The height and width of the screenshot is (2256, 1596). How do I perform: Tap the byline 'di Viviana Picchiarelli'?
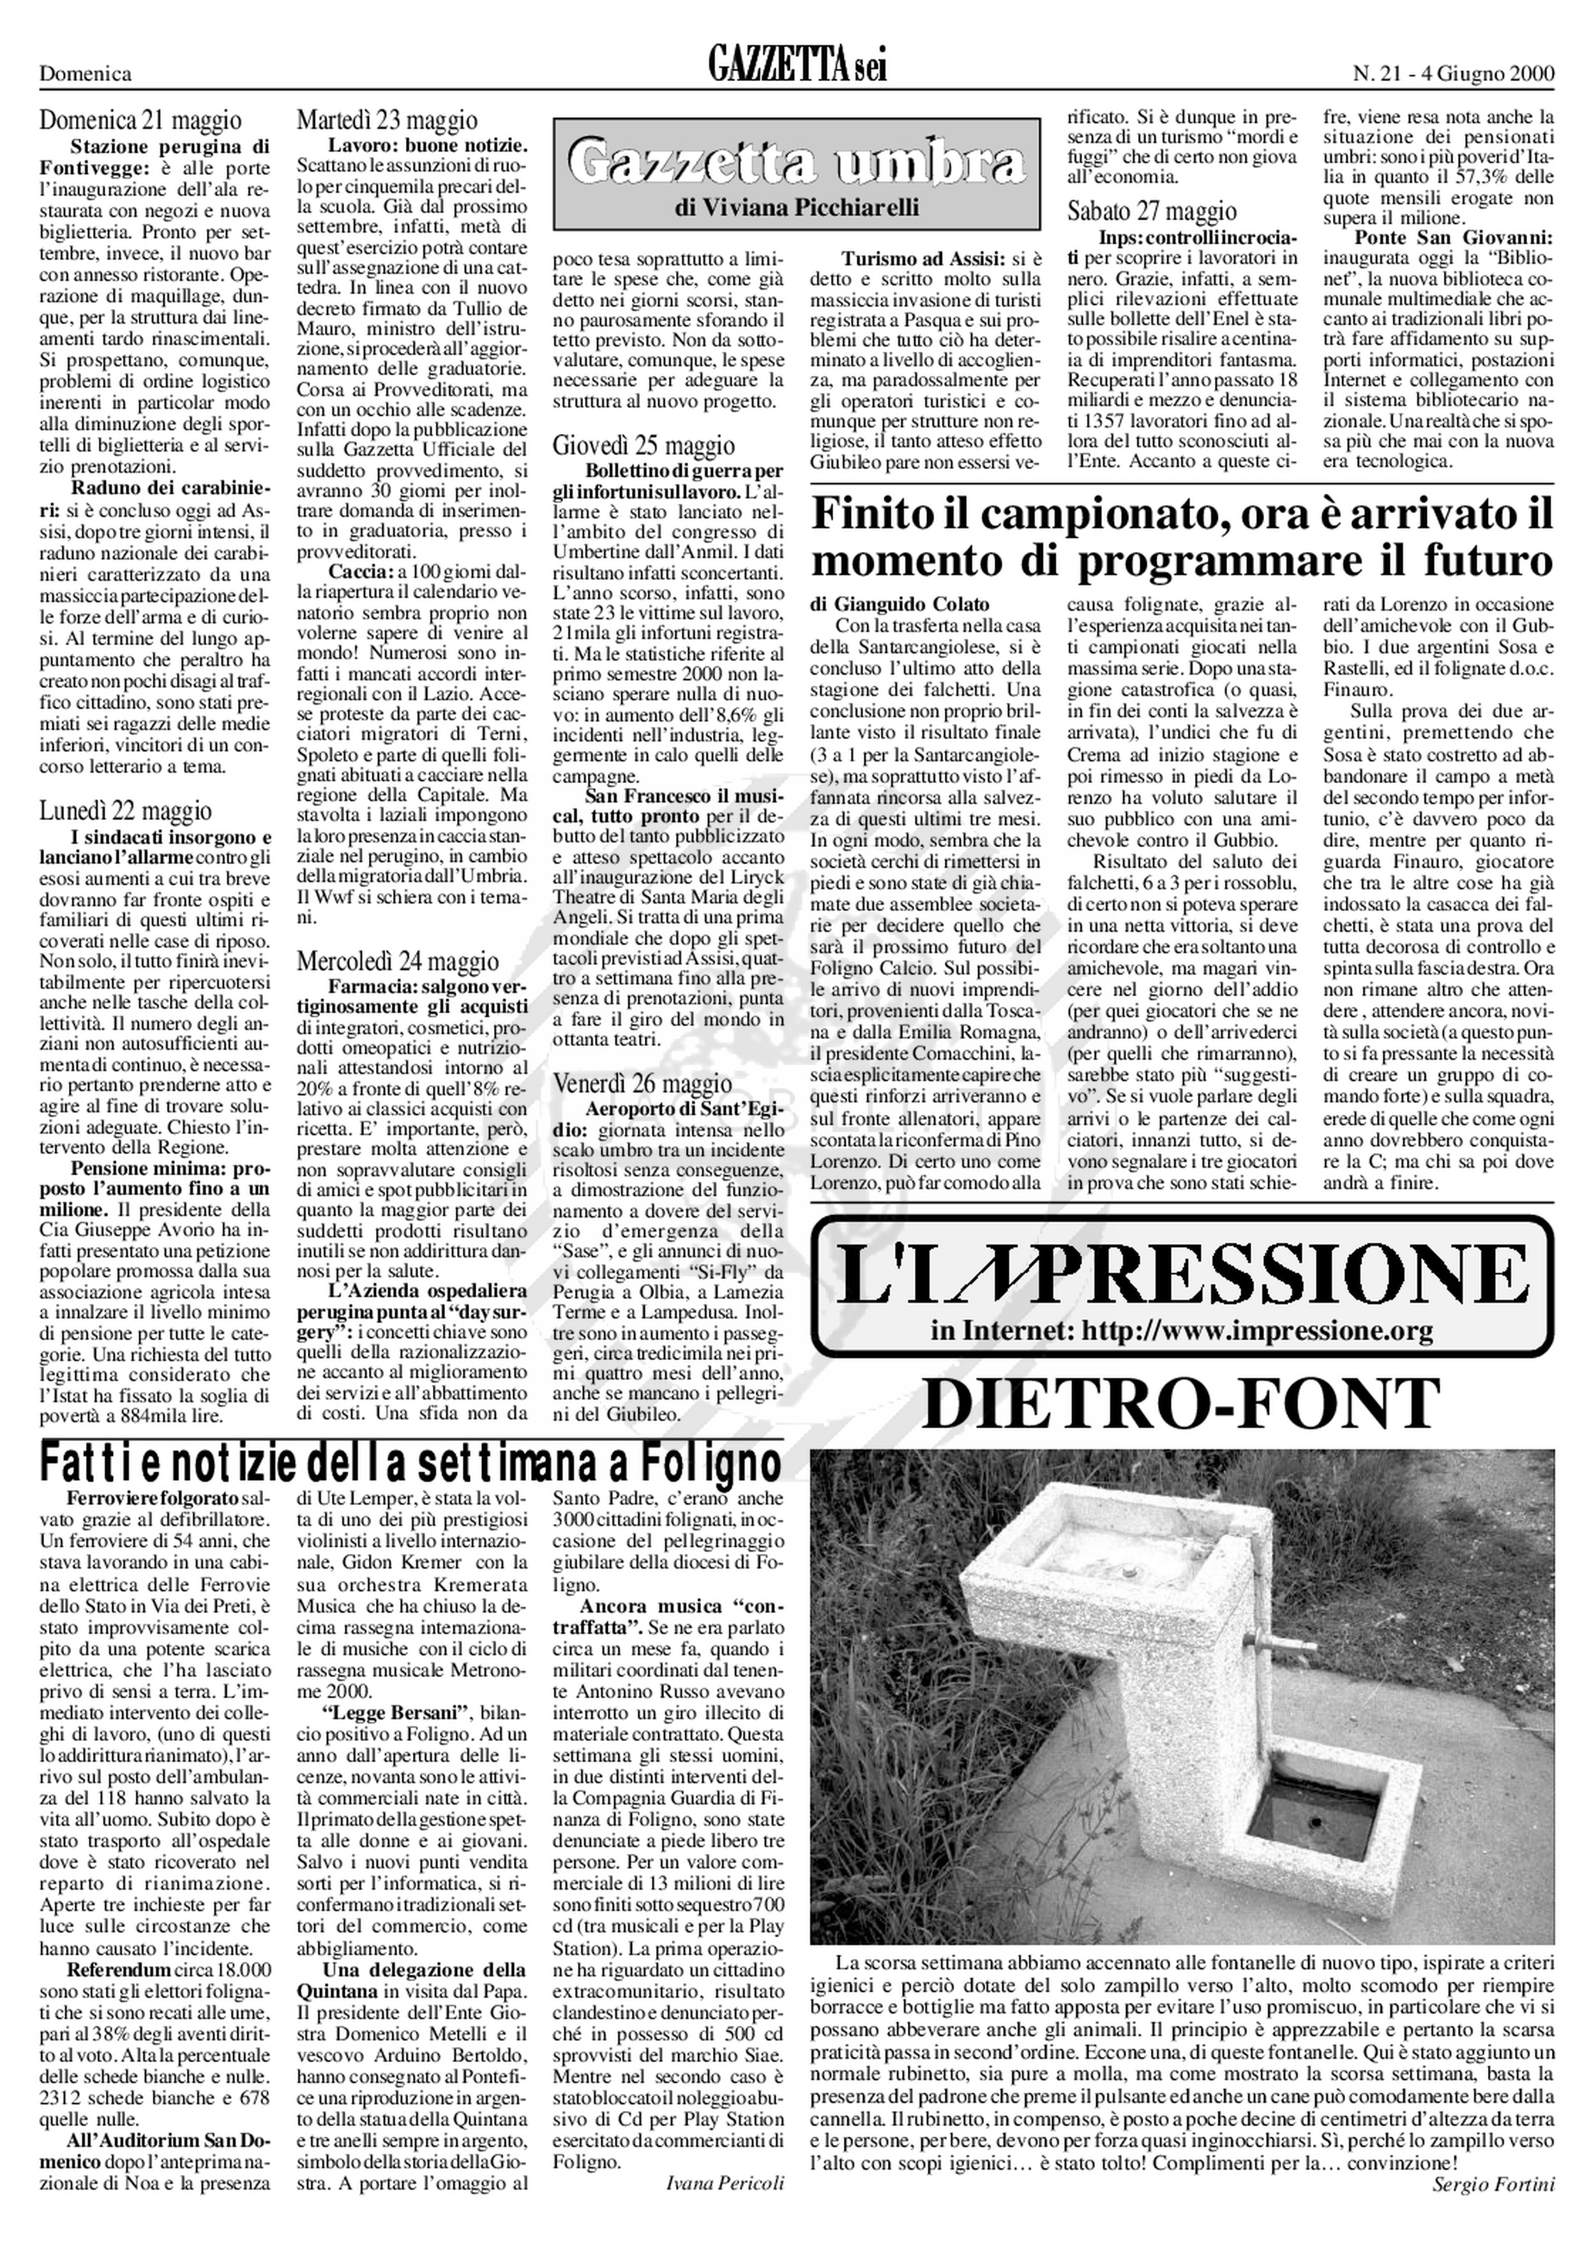coord(796,208)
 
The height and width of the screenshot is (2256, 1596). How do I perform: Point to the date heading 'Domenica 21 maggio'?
coord(140,121)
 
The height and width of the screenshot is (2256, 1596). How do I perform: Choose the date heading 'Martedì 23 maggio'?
coord(388,121)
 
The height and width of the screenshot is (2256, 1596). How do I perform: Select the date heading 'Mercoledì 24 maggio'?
coord(397,960)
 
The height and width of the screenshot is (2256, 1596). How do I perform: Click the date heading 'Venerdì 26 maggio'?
coord(643,1083)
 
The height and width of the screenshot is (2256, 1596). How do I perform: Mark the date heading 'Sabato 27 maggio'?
coord(1152,210)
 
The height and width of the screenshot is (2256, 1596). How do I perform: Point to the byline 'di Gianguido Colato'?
coord(900,604)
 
